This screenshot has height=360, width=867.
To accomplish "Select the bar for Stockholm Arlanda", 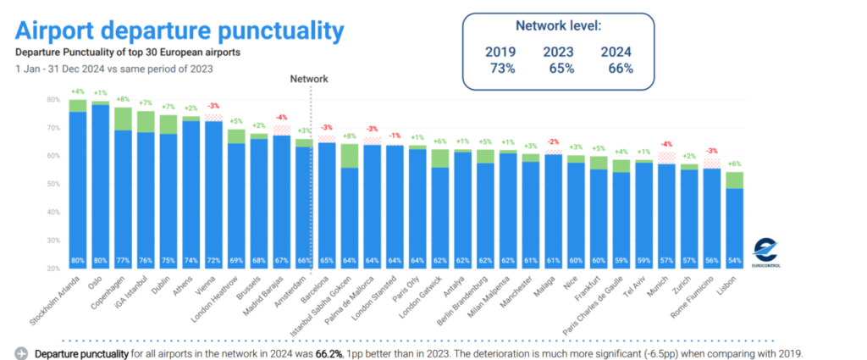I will click(78, 186).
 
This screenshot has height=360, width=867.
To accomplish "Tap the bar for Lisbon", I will click(735, 224).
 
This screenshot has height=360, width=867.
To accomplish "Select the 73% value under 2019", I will click(500, 69).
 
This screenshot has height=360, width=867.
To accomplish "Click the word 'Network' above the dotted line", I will click(308, 79).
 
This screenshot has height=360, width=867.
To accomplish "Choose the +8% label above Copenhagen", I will click(123, 98).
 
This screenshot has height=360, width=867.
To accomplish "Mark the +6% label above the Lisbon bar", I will click(735, 163).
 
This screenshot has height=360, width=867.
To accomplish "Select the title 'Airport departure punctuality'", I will click(179, 31).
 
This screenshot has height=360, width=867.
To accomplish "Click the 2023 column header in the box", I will click(559, 53).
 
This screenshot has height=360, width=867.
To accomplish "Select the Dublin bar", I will click(168, 195).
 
